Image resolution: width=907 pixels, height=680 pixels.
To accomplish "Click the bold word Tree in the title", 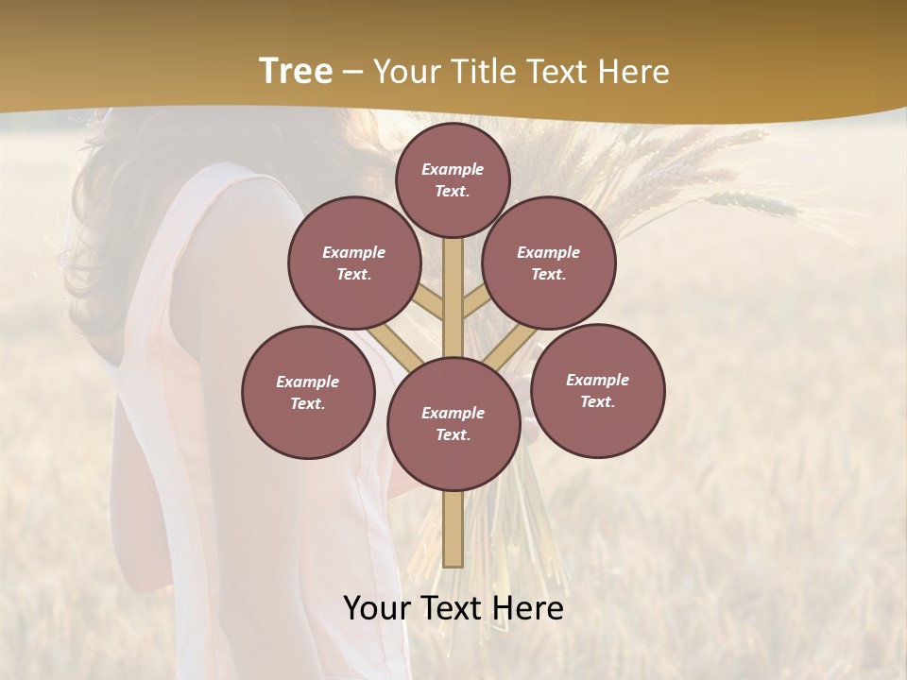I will [296, 71].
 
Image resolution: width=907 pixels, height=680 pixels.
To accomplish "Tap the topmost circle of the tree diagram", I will [453, 179].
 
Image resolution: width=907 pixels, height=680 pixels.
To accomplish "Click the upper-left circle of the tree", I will [354, 263].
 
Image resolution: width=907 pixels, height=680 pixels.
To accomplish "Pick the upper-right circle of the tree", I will [549, 263].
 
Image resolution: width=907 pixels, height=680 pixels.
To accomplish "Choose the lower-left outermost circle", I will [308, 392].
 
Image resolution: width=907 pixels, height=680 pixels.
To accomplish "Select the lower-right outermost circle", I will [598, 390].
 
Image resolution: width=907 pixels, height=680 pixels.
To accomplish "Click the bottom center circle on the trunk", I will [453, 423].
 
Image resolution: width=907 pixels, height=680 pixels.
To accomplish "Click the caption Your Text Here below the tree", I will [453, 608].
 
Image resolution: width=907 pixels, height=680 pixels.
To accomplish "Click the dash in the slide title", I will [353, 73].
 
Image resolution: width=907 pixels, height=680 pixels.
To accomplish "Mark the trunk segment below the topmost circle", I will [453, 283].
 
